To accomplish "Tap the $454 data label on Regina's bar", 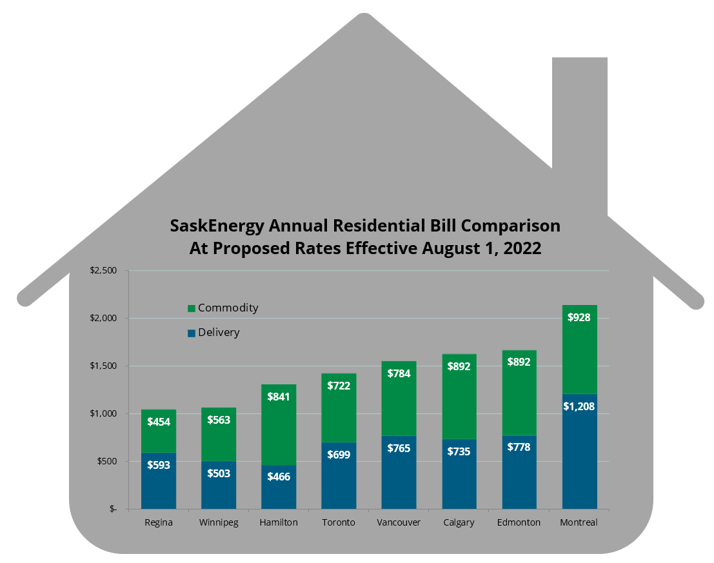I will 159,422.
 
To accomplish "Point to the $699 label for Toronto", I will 339,455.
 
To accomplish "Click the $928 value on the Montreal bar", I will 579,317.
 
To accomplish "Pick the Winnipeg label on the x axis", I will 219,522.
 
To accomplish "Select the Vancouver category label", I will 399,522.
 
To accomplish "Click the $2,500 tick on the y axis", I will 103,270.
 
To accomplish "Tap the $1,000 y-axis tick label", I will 103,413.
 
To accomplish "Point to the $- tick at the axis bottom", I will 113,509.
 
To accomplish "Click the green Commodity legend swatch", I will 191,309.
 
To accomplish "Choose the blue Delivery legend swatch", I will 191,333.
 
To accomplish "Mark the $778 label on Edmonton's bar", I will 519,446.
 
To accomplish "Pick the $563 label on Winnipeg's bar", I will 219,420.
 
